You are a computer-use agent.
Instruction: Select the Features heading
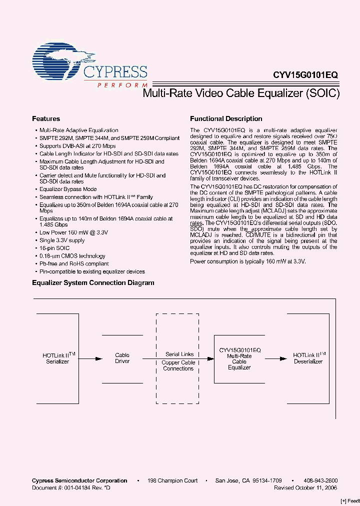pos(46,119)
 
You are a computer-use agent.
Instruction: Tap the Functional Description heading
pos(226,119)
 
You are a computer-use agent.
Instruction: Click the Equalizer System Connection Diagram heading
pos(93,283)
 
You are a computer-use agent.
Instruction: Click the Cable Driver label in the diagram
pos(122,358)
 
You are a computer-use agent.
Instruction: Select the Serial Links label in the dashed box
pos(179,354)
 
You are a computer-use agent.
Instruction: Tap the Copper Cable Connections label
pos(178,365)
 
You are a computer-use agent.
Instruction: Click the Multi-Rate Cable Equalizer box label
pos(239,358)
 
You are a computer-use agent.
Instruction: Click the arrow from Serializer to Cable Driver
pos(90,358)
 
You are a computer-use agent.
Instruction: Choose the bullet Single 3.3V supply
pos(62,240)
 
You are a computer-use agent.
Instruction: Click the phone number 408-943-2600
pos(320,480)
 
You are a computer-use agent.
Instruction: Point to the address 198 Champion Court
pos(172,480)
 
